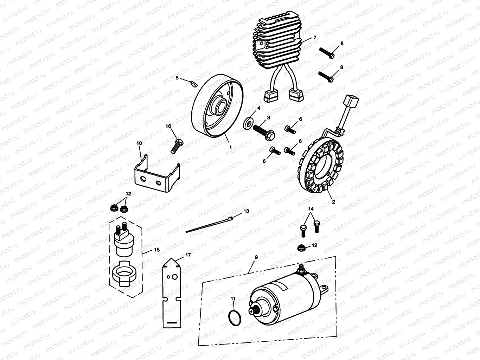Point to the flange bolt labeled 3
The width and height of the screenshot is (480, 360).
pyautogui.click(x=263, y=130)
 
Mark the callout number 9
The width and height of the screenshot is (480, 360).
pyautogui.click(x=256, y=258)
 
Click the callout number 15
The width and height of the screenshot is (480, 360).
pyautogui.click(x=156, y=250)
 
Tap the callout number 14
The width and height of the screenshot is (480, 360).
pyautogui.click(x=311, y=209)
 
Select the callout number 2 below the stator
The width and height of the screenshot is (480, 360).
pyautogui.click(x=333, y=202)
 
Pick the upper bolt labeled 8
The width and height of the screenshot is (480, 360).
pyautogui.click(x=327, y=52)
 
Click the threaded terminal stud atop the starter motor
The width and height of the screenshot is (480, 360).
pyautogui.click(x=301, y=270)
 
